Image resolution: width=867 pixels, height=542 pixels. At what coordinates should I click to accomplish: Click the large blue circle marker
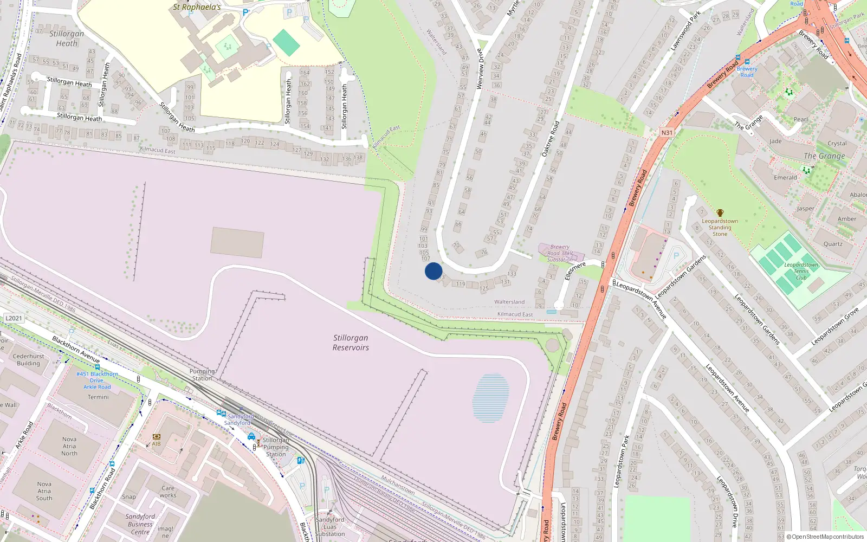[433, 271]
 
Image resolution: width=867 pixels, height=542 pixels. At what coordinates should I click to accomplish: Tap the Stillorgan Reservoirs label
[351, 343]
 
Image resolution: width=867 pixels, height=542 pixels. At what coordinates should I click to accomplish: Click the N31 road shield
[667, 133]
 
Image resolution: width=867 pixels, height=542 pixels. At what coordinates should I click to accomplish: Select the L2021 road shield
[14, 318]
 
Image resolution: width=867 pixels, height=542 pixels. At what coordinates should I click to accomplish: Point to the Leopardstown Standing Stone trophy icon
[720, 213]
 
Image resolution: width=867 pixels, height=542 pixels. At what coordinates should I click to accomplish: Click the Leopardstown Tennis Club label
[801, 271]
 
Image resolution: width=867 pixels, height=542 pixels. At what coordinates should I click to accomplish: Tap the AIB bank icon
[157, 436]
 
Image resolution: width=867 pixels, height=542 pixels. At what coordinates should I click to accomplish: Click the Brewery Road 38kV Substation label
[560, 253]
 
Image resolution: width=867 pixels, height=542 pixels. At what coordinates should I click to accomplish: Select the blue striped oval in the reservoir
[491, 398]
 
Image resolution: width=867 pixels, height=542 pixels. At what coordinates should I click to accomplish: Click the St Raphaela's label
[197, 7]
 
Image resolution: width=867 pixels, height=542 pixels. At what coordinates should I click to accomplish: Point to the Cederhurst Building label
[28, 360]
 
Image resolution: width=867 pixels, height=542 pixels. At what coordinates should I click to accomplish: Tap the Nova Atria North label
[69, 446]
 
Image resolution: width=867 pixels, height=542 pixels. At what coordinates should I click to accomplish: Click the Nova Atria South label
[44, 491]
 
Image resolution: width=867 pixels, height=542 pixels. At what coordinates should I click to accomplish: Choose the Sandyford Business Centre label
[140, 524]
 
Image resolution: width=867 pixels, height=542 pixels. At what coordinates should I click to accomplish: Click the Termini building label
[98, 397]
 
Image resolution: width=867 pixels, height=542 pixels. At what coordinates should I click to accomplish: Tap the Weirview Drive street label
[480, 69]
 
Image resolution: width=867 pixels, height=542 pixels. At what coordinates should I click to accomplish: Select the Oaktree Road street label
[551, 139]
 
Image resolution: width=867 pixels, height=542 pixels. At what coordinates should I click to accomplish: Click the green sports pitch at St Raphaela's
[287, 42]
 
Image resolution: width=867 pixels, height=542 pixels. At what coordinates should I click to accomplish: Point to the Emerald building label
[785, 178]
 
